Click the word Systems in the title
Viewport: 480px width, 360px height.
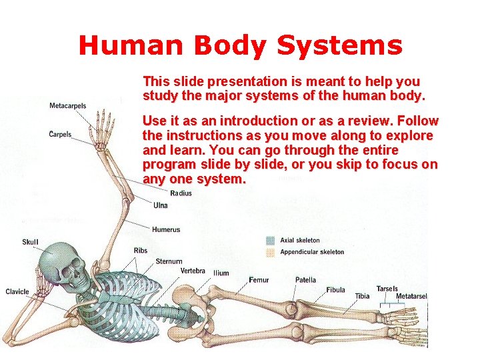point(339,45)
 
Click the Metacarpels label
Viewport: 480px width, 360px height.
point(68,106)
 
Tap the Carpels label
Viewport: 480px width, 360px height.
point(61,135)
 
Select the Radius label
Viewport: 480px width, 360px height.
point(181,193)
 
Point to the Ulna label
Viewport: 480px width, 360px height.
point(161,205)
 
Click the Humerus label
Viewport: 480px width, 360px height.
point(166,229)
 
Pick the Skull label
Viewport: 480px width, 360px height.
point(31,242)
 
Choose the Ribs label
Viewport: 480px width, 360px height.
point(141,251)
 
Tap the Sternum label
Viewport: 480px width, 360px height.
point(169,261)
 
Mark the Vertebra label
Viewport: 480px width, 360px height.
point(193,271)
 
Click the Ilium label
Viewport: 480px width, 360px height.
point(221,273)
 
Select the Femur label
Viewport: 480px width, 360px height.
point(259,280)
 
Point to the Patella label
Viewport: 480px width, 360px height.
point(306,280)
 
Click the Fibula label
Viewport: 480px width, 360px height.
point(336,290)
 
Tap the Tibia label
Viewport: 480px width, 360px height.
point(362,296)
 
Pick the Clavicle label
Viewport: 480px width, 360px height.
point(17,291)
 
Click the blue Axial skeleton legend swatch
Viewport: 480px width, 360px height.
point(271,240)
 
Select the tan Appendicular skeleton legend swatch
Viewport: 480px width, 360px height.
point(271,252)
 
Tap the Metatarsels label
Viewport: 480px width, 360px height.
point(411,296)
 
